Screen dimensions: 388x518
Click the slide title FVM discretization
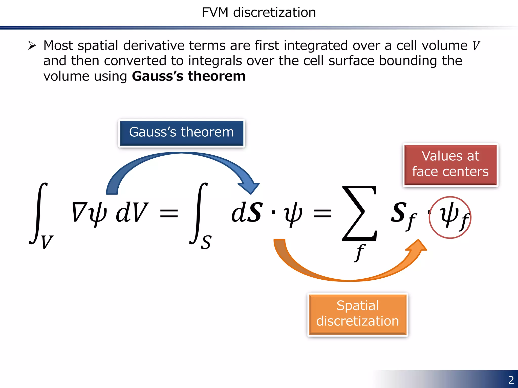point(259,12)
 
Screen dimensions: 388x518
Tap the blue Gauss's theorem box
point(181,133)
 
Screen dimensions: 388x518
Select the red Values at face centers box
point(450,164)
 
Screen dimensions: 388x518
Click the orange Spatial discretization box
point(358,314)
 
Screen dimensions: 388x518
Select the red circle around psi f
point(450,217)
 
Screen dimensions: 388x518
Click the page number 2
point(511,380)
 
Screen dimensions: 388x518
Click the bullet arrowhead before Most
point(32,46)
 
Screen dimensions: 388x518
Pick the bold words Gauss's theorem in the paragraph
point(189,76)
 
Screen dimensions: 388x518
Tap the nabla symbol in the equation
point(79,212)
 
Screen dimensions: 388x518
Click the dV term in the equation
point(132,213)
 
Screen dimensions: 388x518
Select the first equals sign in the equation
point(169,213)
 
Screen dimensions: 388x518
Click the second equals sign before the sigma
point(322,213)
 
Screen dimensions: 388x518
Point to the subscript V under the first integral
point(47,242)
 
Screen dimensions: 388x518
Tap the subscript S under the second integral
point(206,243)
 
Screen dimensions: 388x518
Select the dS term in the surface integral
point(247,213)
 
